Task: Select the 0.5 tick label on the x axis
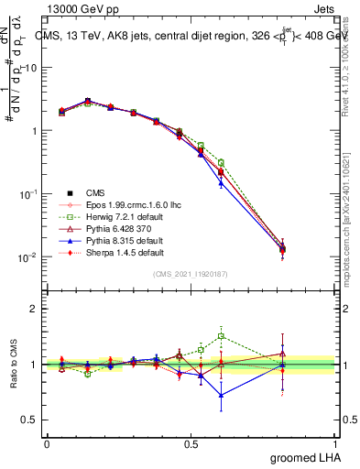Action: click(192, 443)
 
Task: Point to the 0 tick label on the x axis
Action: click(47, 443)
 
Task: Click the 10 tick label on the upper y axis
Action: click(30, 68)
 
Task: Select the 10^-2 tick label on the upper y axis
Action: click(27, 257)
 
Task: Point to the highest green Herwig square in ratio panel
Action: click(221, 335)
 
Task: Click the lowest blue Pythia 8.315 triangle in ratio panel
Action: click(221, 396)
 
